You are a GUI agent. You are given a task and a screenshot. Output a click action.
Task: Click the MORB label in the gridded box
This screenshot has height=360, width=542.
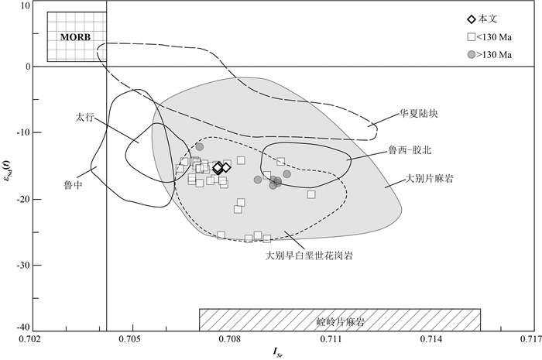75,37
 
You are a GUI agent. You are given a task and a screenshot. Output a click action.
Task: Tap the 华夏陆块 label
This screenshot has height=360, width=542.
419,114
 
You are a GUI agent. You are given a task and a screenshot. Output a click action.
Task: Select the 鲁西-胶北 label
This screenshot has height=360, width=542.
410,150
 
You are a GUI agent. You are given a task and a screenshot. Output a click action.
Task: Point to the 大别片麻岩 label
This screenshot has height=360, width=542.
429,179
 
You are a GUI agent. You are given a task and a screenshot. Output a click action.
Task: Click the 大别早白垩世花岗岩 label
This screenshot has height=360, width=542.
309,255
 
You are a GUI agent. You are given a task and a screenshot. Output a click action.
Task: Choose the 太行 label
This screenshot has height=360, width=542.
84,118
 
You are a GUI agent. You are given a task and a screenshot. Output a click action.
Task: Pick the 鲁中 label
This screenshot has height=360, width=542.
74,185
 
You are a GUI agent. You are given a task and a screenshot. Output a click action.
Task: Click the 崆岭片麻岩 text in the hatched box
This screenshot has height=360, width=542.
341,321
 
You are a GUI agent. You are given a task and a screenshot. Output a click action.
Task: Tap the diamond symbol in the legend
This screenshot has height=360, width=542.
472,19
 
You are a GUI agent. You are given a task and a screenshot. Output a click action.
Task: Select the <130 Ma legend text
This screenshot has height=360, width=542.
494,37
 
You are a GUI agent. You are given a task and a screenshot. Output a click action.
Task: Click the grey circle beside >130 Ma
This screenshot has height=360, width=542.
472,55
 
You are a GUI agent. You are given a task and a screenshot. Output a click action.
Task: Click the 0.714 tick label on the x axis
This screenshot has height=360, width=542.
434,339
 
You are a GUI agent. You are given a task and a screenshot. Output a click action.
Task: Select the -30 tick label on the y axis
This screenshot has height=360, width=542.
23,266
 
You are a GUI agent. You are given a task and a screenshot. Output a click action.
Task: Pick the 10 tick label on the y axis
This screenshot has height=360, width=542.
26,6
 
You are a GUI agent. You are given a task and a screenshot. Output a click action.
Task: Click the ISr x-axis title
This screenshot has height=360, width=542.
279,351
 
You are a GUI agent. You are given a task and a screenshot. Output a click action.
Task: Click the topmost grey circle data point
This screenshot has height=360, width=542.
200,147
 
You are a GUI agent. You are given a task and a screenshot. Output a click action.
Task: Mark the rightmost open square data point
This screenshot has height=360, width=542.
311,194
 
